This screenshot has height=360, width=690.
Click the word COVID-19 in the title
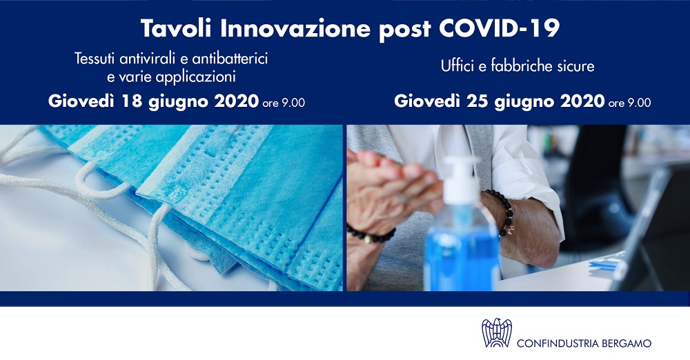(499, 28)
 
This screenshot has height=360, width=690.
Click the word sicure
(574, 66)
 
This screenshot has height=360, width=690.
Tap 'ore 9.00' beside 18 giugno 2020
(284, 103)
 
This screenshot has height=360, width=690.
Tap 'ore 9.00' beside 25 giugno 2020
(630, 103)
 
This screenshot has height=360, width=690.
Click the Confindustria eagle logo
(497, 332)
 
